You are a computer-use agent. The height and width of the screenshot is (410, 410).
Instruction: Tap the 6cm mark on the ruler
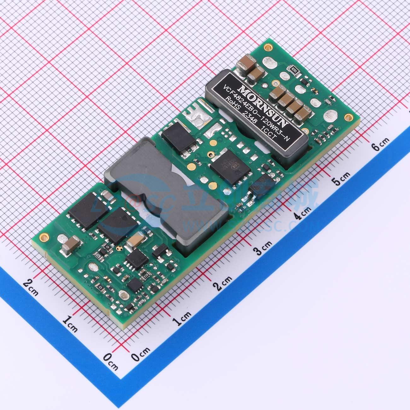380,146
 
